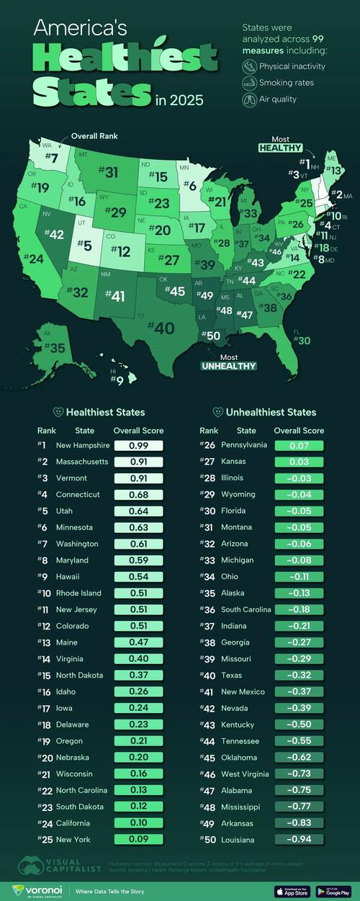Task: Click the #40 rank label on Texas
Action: pos(161,328)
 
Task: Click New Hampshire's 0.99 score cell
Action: pos(139,446)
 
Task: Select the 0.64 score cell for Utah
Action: pos(139,511)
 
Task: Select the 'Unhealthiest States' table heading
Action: pos(264,413)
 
